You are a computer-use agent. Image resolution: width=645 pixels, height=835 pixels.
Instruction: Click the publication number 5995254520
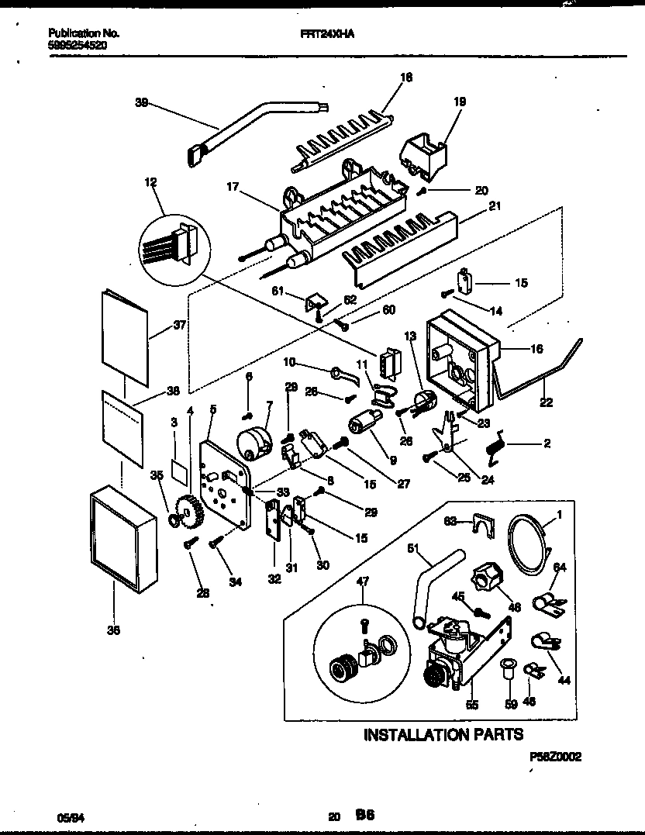coord(78,45)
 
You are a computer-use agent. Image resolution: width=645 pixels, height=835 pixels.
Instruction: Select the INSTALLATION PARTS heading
coord(443,733)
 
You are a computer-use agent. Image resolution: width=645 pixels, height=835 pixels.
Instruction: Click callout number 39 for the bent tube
coord(141,102)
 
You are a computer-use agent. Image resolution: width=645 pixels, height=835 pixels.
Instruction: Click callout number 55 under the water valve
coord(472,705)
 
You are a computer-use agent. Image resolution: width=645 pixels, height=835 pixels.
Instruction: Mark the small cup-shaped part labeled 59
coord(509,669)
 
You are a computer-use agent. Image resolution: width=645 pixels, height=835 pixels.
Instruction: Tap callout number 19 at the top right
coord(459,102)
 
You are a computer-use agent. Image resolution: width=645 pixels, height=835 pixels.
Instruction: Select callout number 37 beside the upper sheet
coord(180,326)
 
